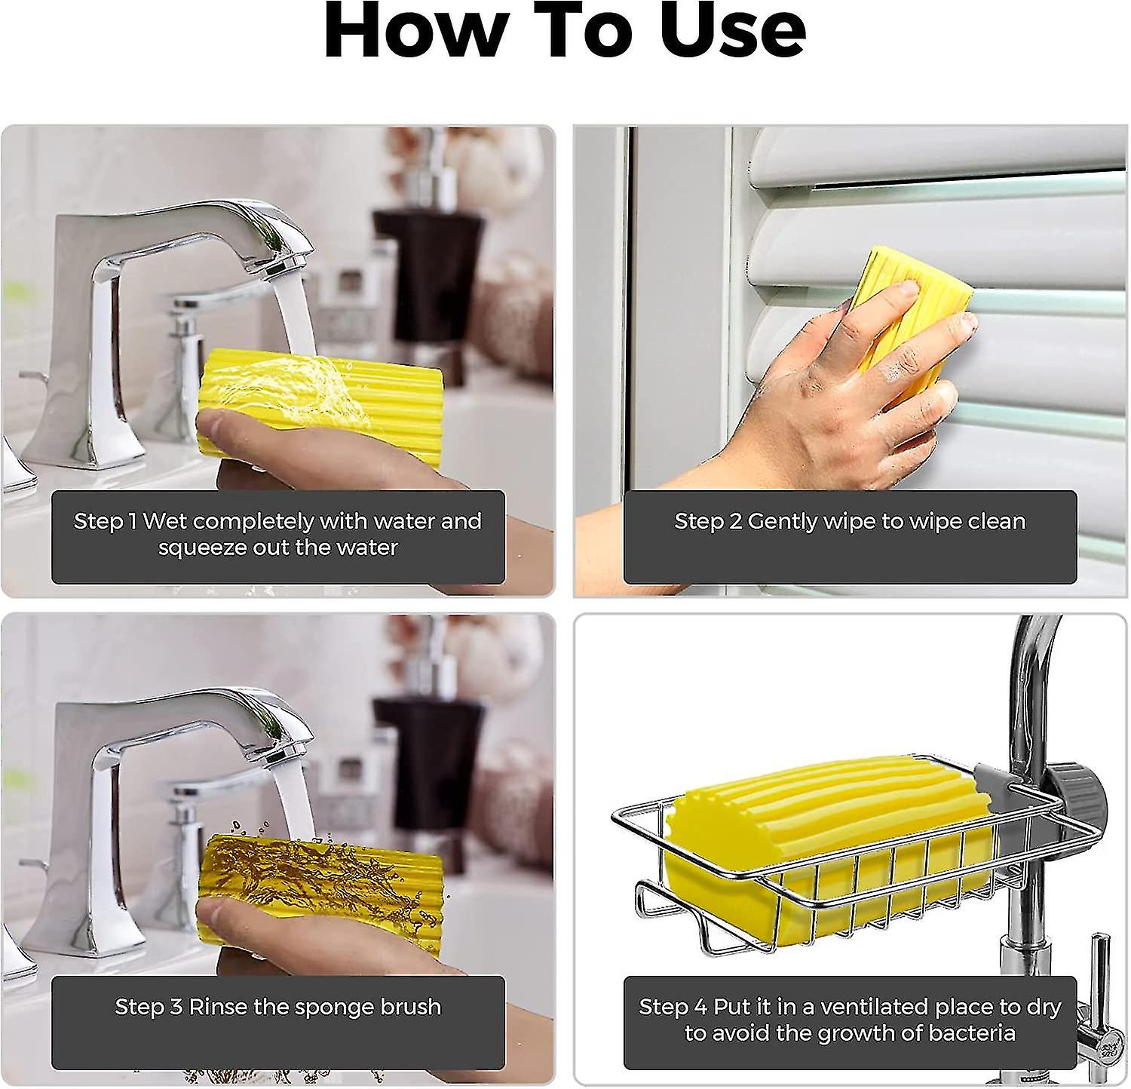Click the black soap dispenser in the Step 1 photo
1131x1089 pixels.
coord(427,264)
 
